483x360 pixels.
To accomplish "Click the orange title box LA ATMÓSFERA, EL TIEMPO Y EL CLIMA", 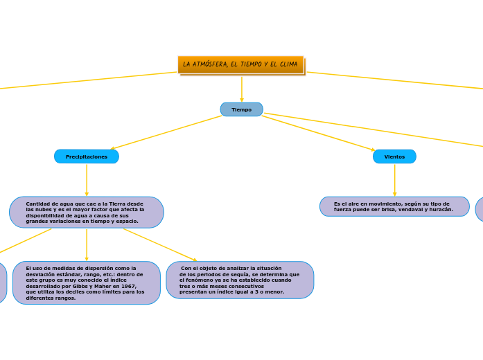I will click(x=240, y=64).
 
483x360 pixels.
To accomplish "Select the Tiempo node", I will click(x=241, y=109).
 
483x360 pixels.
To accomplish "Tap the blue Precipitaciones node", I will click(x=87, y=156).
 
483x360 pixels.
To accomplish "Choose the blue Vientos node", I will click(x=394, y=156).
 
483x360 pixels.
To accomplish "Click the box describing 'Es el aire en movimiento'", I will click(x=394, y=206).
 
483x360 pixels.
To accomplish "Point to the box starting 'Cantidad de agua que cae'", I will click(x=87, y=213).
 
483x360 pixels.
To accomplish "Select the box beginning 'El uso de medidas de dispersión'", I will click(x=87, y=282).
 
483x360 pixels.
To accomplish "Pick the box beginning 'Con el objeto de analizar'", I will click(x=240, y=280).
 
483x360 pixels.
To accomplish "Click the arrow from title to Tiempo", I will click(x=241, y=89).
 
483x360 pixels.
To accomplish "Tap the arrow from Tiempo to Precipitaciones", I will click(x=166, y=132).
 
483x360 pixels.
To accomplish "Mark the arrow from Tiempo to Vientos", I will click(x=319, y=133).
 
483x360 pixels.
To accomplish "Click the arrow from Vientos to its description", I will click(x=394, y=180).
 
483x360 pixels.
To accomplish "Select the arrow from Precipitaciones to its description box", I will click(x=87, y=180).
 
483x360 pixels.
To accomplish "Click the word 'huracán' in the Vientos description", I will click(x=441, y=209).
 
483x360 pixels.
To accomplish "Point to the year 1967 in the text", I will click(x=128, y=286).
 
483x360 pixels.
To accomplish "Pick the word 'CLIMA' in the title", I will click(x=286, y=64).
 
